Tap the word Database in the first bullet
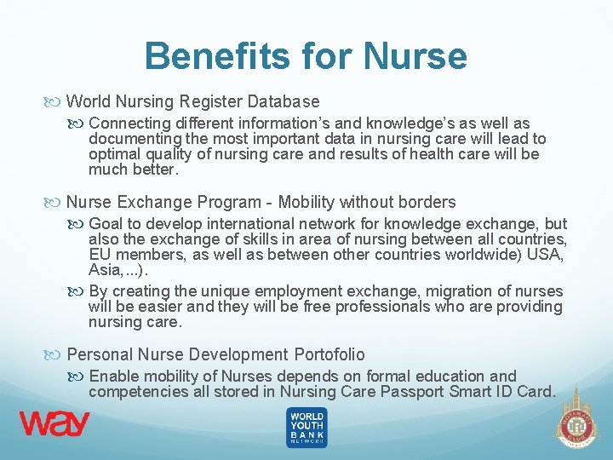(284, 101)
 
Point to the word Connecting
(130, 124)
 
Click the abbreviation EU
(100, 255)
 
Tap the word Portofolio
(329, 354)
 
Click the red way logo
(54, 424)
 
